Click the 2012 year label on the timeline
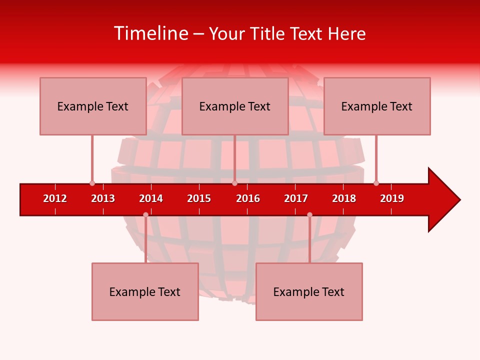[55, 198]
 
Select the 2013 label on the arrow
[103, 198]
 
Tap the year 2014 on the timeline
[151, 198]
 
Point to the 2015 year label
[199, 198]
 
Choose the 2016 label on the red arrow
[248, 198]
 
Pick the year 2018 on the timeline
[344, 198]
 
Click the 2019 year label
[392, 198]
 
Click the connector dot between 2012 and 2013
[92, 183]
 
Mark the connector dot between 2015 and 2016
[234, 183]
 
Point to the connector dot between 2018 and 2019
[376, 183]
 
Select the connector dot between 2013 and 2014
[145, 214]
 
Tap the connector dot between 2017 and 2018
[309, 214]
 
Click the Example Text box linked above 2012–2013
[93, 106]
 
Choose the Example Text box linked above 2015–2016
[235, 106]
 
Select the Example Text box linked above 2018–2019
[377, 106]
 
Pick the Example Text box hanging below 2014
[145, 291]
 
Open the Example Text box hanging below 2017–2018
[309, 291]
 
